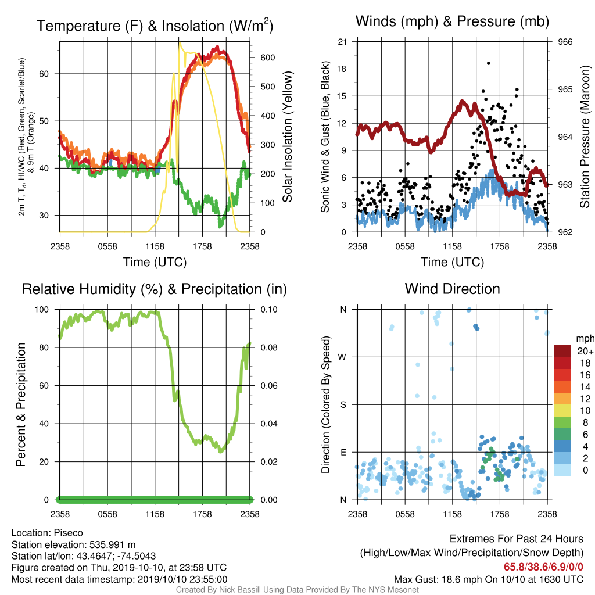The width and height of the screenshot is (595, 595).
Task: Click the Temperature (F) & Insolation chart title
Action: [x=155, y=26]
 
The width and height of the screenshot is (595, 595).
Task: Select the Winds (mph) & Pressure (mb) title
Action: [x=452, y=21]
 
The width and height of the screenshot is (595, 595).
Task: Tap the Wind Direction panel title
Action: [x=452, y=289]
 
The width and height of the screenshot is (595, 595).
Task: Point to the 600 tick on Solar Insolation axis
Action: [x=267, y=58]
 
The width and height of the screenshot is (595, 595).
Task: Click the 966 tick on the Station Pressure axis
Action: [x=565, y=42]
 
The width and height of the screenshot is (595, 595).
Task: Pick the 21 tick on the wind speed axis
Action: [x=342, y=42]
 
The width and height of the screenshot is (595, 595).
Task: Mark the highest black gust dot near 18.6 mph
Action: [x=488, y=63]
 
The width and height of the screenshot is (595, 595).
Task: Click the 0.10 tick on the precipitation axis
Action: [x=269, y=310]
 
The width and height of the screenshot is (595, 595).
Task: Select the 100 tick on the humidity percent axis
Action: [x=42, y=310]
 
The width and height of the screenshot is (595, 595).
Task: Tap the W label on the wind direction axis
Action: [x=342, y=357]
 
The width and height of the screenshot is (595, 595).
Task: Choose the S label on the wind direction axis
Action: [x=343, y=404]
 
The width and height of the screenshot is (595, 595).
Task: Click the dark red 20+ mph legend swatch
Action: [x=562, y=351]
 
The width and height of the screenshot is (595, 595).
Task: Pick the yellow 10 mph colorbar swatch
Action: [x=562, y=411]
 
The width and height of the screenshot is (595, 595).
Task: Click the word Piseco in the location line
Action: [x=69, y=533]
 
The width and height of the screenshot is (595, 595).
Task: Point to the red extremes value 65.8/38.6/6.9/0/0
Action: [x=543, y=567]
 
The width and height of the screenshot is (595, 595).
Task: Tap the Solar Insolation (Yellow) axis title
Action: [x=288, y=137]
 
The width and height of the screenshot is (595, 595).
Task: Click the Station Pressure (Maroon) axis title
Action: [x=585, y=137]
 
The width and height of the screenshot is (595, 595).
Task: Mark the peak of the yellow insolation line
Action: [x=180, y=43]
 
